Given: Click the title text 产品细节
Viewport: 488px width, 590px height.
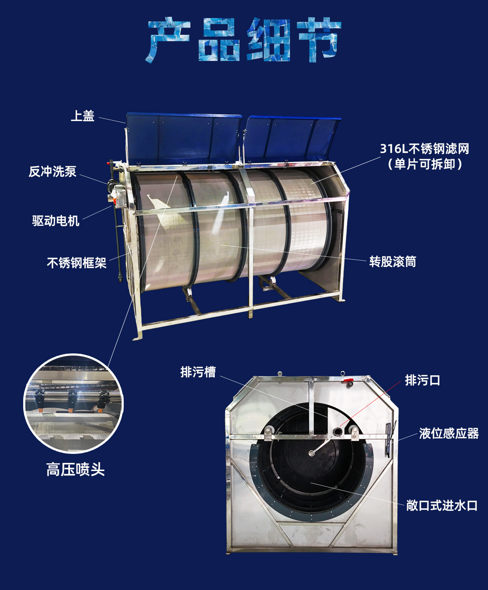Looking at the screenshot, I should click(244, 40).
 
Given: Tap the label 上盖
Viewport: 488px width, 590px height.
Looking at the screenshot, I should click(82, 116).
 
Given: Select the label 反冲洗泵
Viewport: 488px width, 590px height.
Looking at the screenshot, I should click(52, 172).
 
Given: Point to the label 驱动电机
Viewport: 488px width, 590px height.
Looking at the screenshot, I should click(56, 221).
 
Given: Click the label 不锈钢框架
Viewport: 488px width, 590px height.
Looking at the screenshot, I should click(76, 263).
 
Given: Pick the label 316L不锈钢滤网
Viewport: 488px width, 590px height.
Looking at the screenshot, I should click(424, 149).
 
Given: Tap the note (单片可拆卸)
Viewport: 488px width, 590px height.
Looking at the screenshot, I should click(424, 164).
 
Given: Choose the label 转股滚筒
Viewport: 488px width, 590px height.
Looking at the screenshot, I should click(393, 262).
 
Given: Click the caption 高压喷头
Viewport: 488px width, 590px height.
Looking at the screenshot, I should click(76, 470).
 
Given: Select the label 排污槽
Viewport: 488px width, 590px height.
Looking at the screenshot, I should click(198, 372).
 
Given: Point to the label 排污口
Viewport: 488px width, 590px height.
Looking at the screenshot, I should click(422, 380).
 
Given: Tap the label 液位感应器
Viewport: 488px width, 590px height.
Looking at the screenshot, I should click(449, 433).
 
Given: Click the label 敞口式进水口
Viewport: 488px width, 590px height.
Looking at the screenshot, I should click(442, 505).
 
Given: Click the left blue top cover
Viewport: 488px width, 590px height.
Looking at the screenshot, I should click(183, 138).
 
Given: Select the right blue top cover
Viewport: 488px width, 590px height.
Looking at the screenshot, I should click(292, 138).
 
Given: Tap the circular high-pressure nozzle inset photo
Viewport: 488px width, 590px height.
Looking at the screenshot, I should click(73, 404).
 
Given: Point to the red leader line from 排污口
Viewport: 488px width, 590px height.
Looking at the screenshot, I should click(369, 404).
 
